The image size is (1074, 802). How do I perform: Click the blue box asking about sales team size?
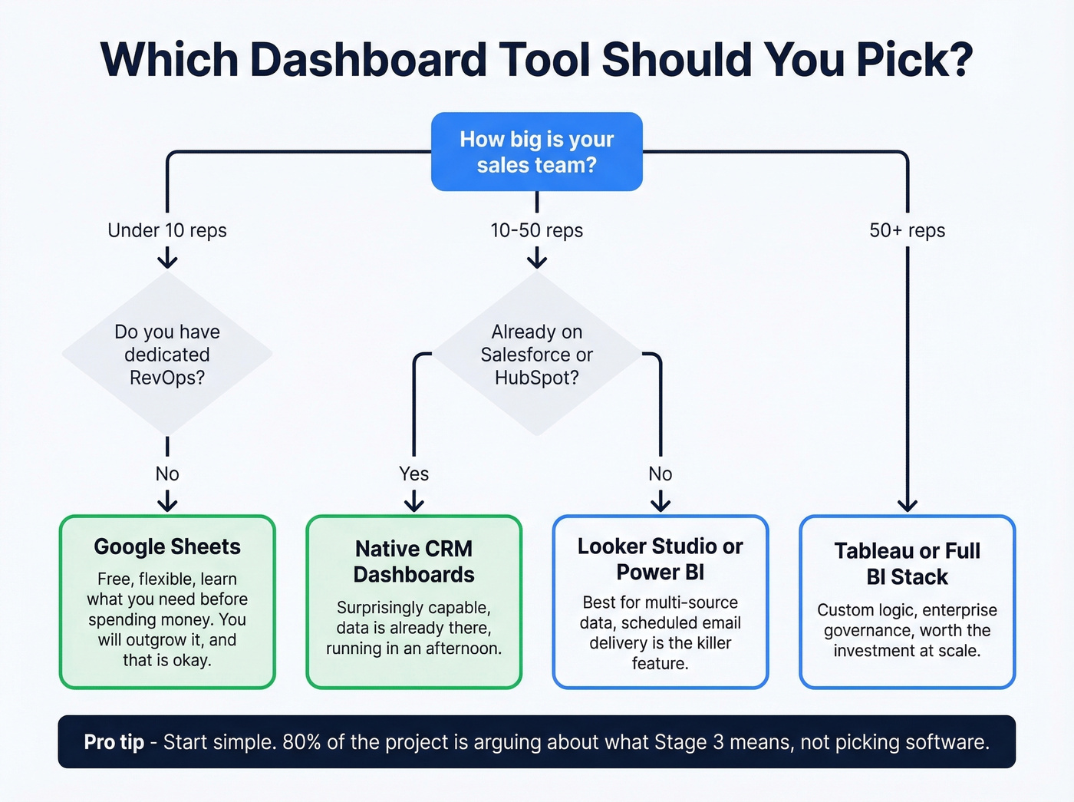tap(536, 152)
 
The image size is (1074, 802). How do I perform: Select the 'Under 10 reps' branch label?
tap(167, 230)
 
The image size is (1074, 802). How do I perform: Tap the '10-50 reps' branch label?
tap(536, 230)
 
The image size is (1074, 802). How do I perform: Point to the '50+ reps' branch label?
tap(907, 230)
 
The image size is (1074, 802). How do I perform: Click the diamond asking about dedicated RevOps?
tap(167, 354)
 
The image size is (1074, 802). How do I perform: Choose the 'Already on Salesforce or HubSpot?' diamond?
tap(536, 354)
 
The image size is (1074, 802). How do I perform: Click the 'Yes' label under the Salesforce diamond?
tap(413, 474)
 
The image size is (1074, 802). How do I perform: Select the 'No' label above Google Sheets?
tap(167, 474)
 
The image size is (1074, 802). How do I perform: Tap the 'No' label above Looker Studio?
tap(660, 474)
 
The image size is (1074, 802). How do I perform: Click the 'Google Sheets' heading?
tap(167, 546)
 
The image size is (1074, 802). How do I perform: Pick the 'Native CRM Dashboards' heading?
tap(413, 562)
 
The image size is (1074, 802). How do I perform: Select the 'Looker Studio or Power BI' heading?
tap(660, 559)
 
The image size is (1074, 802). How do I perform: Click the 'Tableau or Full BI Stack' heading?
tap(907, 563)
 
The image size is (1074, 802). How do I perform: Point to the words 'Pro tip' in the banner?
tap(114, 742)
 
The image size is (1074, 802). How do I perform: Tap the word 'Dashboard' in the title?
tap(368, 60)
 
